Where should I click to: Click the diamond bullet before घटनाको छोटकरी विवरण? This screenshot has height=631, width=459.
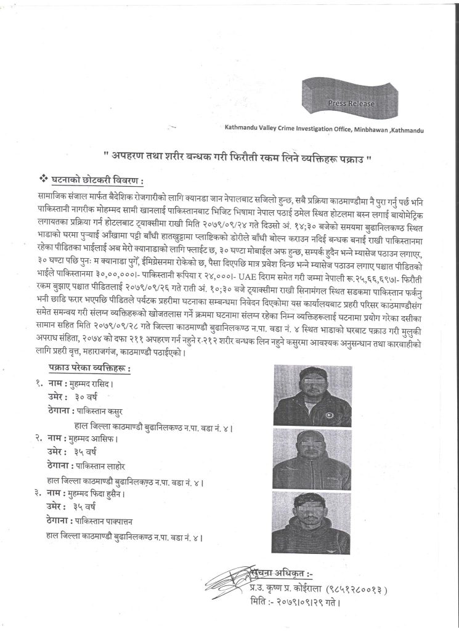43,181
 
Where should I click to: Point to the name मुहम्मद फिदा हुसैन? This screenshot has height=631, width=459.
99,493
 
